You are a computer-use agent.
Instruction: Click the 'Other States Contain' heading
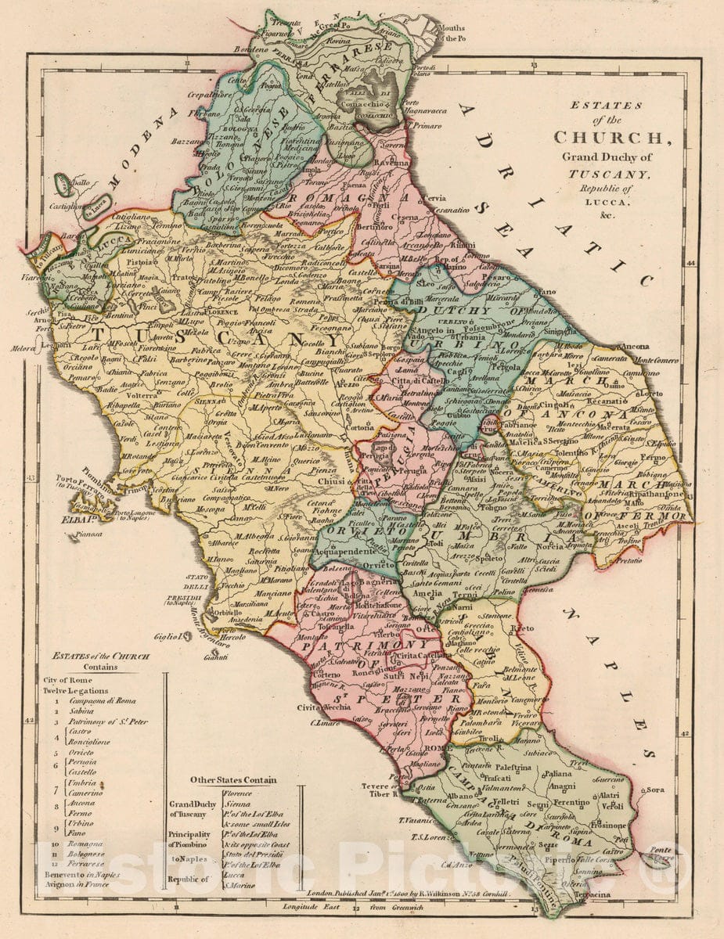pos(233,779)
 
